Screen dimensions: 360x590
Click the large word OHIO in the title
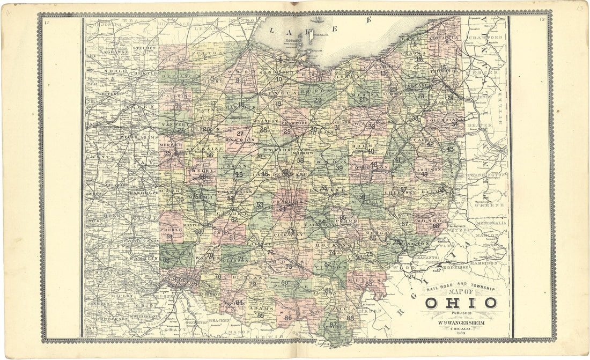(x=461, y=303)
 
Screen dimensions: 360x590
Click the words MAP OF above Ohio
(x=471, y=292)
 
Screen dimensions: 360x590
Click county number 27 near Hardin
(x=240, y=134)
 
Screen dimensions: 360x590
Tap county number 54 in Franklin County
(x=283, y=209)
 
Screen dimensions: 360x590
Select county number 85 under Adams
(x=261, y=315)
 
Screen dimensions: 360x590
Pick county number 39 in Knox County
(x=339, y=168)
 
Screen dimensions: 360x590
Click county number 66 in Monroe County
(x=436, y=226)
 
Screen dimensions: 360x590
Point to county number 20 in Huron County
(x=318, y=100)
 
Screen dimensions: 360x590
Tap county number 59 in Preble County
(x=169, y=236)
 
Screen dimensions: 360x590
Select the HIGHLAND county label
(x=250, y=278)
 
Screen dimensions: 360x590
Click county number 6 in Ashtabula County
(x=447, y=41)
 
